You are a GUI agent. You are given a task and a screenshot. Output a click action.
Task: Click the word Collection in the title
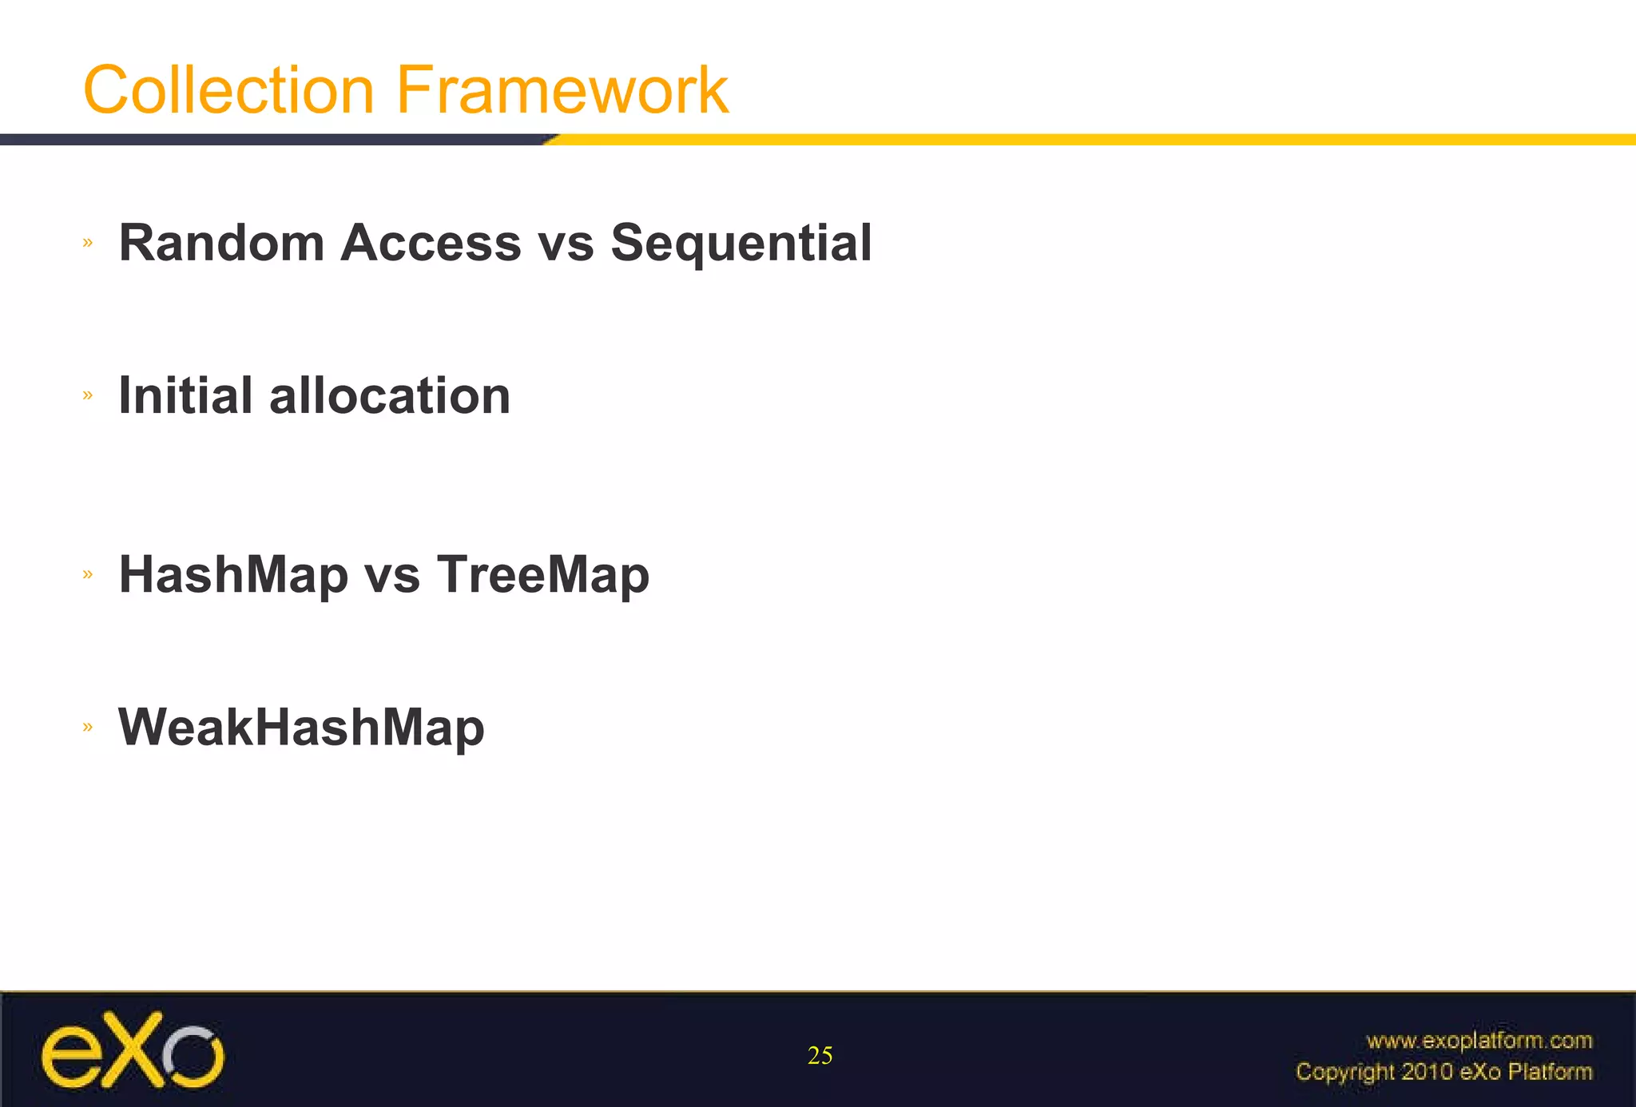tap(228, 89)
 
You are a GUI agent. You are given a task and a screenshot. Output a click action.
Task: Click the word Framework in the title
tap(562, 89)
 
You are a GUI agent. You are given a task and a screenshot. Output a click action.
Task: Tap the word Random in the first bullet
tap(221, 242)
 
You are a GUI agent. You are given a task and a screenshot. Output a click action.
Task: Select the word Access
tap(431, 242)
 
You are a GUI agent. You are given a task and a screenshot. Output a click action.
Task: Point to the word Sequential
tap(741, 244)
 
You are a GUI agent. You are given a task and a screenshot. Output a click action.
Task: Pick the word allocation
tap(390, 395)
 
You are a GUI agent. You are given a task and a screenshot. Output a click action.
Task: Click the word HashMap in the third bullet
tap(233, 575)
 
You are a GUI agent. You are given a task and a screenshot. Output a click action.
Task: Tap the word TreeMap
tap(542, 574)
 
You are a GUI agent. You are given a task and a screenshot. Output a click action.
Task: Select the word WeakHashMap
tap(301, 728)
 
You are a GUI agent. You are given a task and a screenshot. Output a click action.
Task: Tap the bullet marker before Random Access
tap(88, 242)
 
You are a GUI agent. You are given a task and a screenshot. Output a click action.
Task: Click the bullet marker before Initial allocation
tap(88, 395)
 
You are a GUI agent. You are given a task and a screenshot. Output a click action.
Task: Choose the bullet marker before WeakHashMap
tap(88, 727)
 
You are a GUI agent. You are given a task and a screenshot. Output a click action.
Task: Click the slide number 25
tap(820, 1056)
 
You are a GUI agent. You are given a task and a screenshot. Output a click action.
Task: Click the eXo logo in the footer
tap(133, 1050)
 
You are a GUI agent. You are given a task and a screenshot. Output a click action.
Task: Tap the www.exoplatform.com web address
tap(1479, 1040)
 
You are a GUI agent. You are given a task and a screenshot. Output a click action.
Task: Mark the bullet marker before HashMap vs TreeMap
tap(88, 573)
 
